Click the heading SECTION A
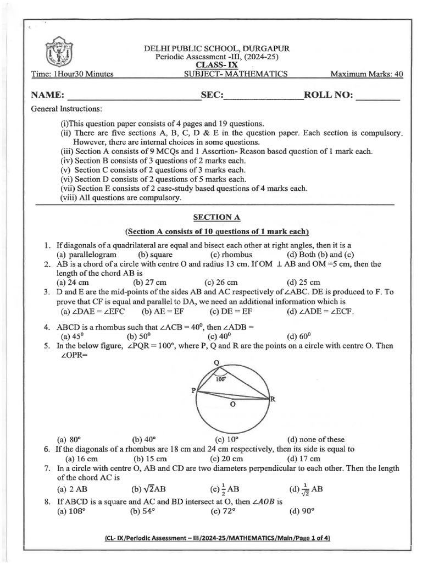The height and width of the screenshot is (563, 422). point(216,218)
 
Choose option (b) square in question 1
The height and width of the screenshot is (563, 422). point(156,255)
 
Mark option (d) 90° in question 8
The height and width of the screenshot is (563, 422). point(301,511)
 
